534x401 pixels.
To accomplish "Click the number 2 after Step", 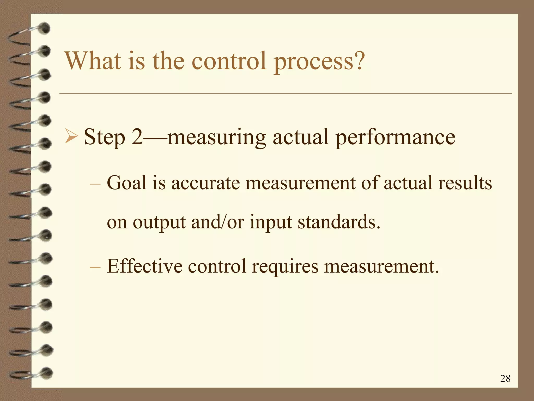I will (x=137, y=137).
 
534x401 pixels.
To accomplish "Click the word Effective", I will (x=144, y=266).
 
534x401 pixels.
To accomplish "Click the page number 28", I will (x=505, y=378).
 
